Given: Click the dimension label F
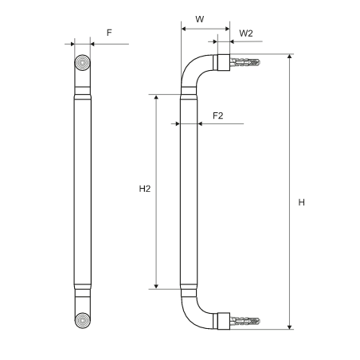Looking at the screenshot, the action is point(109,33).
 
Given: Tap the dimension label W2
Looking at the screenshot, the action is point(246,33).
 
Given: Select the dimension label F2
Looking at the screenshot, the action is point(218,115).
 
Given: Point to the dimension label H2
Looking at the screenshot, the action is point(145,189).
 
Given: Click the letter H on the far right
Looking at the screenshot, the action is point(301,202).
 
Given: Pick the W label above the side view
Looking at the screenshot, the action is point(200,19).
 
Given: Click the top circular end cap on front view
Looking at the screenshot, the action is point(82,63).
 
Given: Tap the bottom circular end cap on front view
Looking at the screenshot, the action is point(83,320).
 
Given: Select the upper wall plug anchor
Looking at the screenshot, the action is point(245,63).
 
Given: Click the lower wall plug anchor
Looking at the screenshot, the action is point(245,321).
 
